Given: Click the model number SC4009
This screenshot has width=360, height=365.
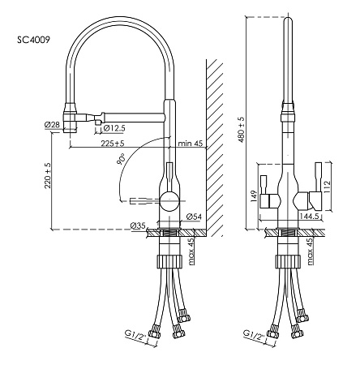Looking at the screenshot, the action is pos(34,41).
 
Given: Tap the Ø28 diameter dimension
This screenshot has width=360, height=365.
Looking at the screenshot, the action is pos(52,125).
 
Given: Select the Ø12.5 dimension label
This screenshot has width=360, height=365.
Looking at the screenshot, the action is pos(114,128).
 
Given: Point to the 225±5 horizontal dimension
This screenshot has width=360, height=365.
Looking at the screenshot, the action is pos(113,143).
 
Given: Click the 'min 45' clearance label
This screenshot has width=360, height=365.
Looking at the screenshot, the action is pos(191,143).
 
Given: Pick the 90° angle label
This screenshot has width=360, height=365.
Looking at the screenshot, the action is pos(121,159).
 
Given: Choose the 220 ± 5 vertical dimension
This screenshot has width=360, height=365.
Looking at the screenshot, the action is pos(48,176).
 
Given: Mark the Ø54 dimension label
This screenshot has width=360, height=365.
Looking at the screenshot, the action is pos(194,217).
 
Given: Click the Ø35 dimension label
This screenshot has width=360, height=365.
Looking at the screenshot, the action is pos(138,225).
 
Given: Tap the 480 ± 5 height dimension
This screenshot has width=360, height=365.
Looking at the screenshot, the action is pos(241,130).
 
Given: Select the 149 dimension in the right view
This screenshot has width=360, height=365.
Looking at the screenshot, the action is pos(253,197).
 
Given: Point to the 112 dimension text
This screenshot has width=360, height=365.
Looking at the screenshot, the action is pos(327,187).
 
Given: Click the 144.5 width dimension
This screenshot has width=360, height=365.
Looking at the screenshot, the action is pos(310,216).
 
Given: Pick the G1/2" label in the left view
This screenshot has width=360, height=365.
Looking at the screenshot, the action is pos(135,335).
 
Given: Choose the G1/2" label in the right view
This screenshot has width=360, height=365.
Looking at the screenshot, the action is pos(254,335).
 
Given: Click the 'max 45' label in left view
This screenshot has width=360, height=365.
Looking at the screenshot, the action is pos(191,251).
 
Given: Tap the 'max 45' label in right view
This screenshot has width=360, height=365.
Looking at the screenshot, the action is pos(310,251).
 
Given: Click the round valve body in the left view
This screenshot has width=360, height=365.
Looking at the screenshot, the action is pos(169,200).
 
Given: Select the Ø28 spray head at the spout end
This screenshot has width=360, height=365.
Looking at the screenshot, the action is pos(71,118).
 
